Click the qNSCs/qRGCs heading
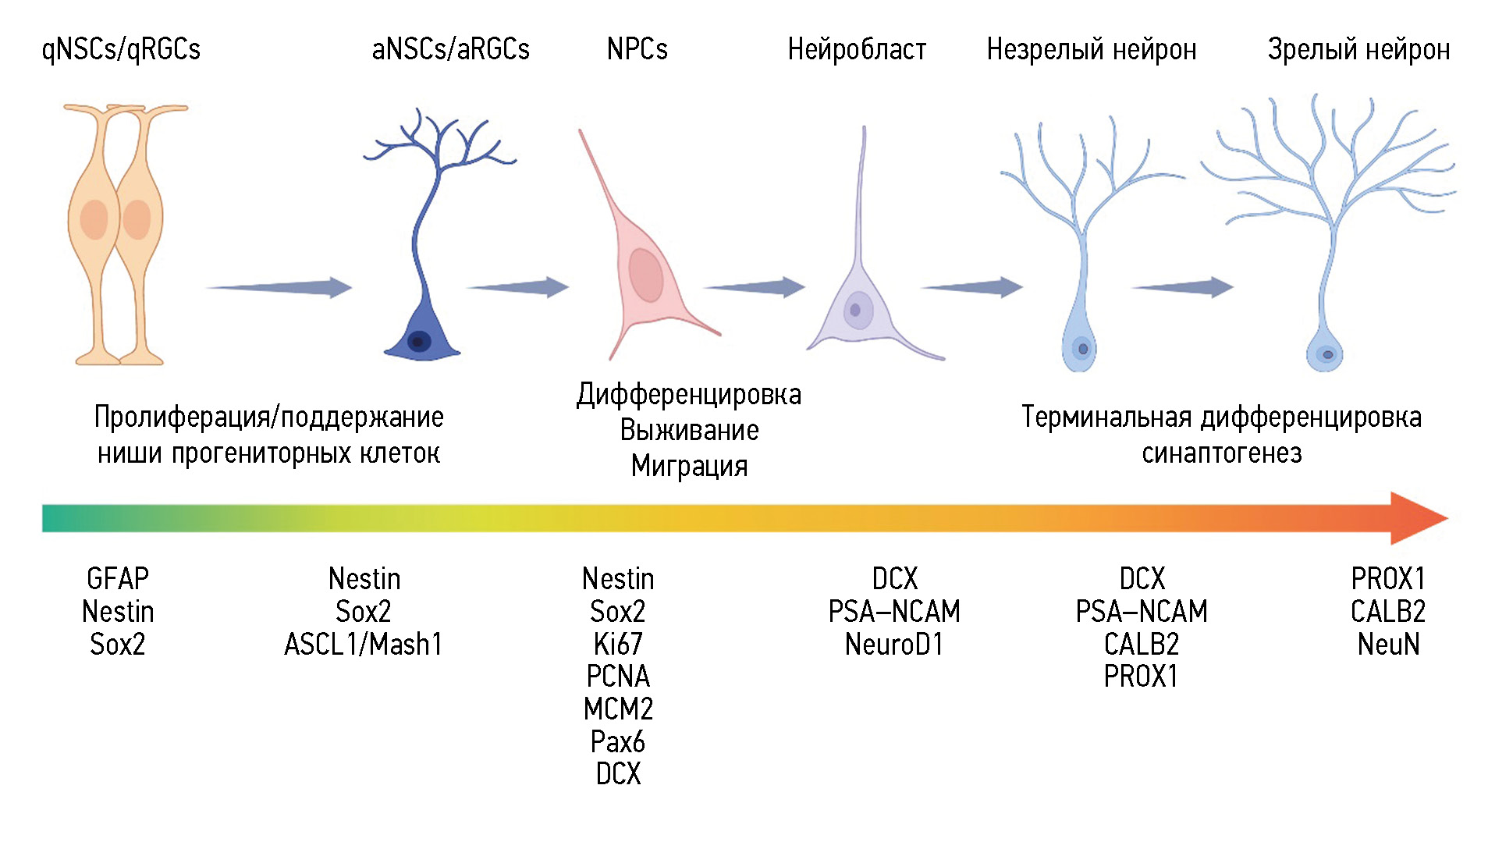121,49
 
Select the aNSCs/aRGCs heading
450,49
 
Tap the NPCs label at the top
637,49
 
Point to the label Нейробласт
857,49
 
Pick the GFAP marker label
118,579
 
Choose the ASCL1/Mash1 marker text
364,645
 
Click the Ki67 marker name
618,645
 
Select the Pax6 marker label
618,741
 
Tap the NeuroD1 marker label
894,645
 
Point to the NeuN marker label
1388,645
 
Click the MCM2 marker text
618,709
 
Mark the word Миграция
689,466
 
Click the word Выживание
689,430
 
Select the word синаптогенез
1222,453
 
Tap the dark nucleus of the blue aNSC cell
419,341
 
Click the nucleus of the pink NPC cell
646,275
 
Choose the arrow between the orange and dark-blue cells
279,287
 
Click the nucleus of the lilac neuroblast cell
856,310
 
